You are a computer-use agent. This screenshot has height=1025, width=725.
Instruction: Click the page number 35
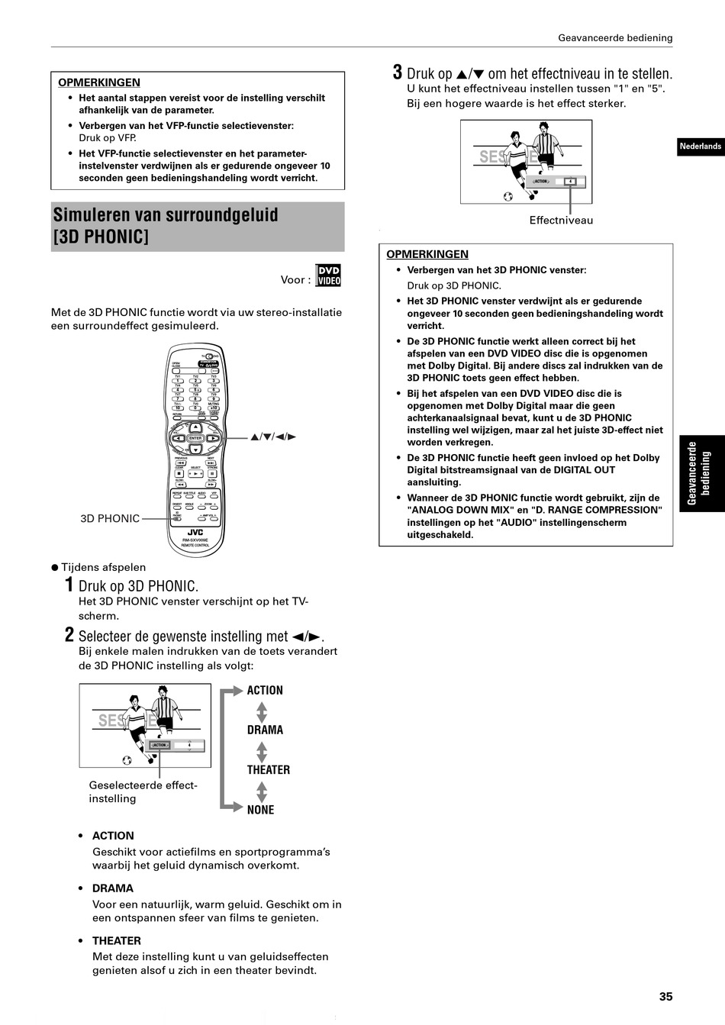pos(665,996)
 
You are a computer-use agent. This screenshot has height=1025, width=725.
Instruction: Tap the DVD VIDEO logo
pos(329,276)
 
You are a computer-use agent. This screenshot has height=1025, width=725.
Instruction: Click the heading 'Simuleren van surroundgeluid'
pos(166,214)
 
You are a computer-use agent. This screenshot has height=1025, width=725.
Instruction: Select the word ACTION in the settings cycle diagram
pos(265,691)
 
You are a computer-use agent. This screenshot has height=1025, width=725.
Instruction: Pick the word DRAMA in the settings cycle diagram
pos(265,730)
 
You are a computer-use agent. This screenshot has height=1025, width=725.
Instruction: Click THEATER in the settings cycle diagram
pos(268,770)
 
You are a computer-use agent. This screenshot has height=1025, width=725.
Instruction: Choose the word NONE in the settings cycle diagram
pos(260,810)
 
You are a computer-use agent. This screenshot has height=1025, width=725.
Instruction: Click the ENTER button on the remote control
pos(195,438)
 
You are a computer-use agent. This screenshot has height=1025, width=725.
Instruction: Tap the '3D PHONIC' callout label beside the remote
pos(110,519)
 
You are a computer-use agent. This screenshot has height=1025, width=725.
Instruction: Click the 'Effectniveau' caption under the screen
pos(561,221)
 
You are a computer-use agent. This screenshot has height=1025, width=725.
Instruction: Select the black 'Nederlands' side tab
pos(700,147)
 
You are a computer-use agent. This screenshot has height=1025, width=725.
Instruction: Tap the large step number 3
pos(397,73)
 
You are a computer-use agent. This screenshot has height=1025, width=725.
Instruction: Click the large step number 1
pos(69,586)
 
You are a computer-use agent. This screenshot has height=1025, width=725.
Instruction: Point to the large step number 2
pos(69,636)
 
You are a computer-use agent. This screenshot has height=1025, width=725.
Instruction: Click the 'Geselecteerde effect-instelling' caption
pos(143,792)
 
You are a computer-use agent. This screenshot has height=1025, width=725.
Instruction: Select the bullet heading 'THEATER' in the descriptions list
pos(117,941)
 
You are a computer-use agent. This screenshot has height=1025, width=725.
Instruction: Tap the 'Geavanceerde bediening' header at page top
pos(615,37)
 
